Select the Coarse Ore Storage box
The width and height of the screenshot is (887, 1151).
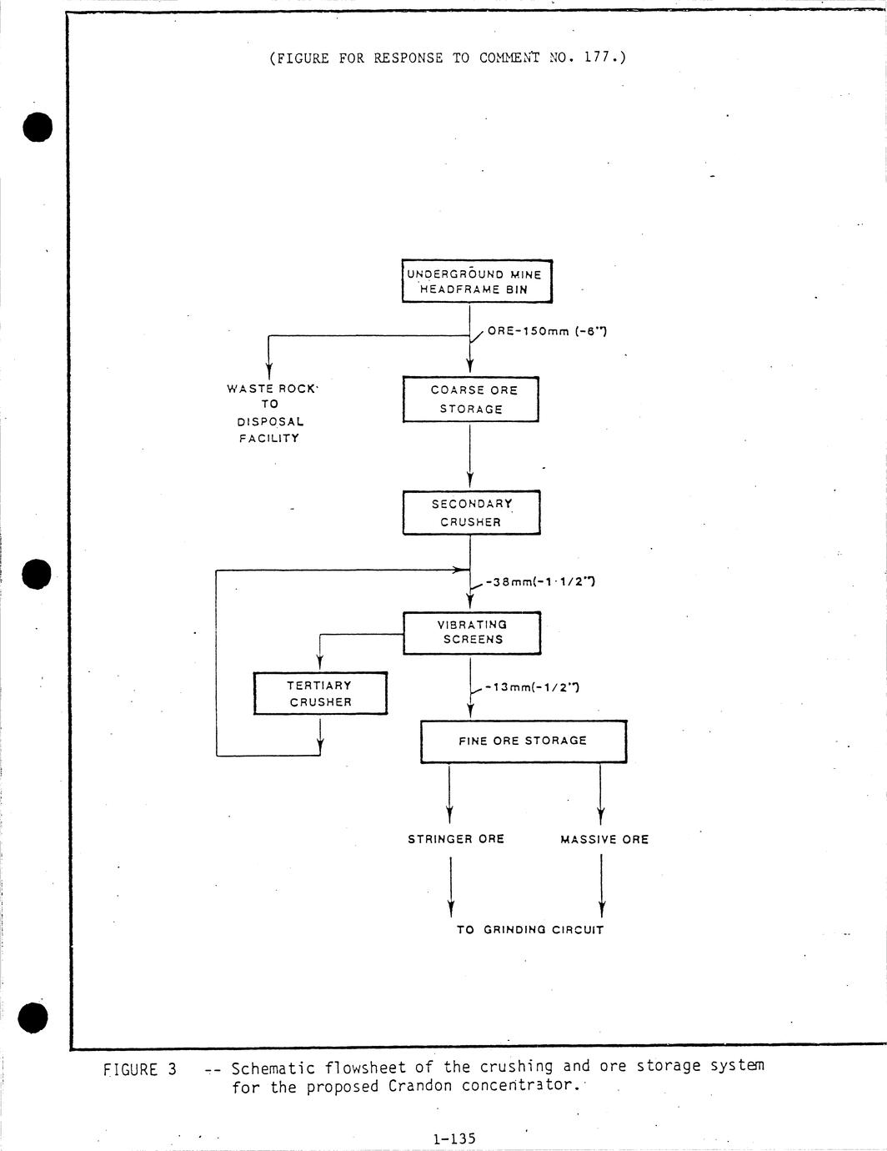[x=471, y=400]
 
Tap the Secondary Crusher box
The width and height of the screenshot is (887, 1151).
[x=471, y=513]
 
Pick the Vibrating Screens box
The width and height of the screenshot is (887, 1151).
[x=472, y=632]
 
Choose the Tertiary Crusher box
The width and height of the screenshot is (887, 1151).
[x=320, y=693]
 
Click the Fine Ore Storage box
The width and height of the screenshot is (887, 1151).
[x=523, y=741]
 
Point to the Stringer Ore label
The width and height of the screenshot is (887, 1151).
[x=456, y=839]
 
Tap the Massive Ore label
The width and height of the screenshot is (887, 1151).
[x=604, y=840]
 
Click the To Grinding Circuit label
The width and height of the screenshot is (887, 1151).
[x=529, y=929]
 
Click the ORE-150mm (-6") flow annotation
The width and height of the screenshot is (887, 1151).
[x=547, y=331]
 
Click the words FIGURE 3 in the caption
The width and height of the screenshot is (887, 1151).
[x=140, y=1069]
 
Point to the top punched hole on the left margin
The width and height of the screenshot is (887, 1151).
[x=38, y=127]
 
